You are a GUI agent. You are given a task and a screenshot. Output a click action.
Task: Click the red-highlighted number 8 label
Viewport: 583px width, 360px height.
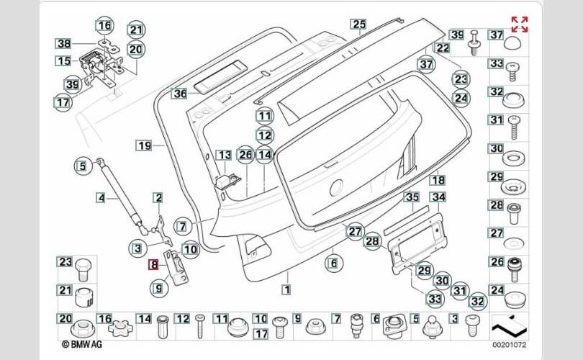coord(153,264)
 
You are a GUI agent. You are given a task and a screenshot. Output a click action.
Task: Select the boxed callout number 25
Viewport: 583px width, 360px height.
coord(358,24)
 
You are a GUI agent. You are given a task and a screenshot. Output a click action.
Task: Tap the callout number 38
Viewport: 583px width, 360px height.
coord(63,43)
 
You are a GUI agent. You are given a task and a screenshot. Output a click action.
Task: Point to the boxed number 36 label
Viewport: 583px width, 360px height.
coord(179,93)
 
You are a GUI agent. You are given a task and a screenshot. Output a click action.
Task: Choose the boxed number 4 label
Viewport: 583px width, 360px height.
coord(101,197)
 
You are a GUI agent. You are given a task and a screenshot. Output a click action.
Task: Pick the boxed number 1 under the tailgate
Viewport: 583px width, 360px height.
coord(286,290)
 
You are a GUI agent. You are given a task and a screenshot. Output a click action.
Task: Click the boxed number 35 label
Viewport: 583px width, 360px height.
coord(412,197)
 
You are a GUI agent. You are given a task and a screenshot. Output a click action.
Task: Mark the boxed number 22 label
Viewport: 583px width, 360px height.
coord(442,48)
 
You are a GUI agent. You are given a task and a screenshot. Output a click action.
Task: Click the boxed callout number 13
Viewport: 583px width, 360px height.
coord(224,155)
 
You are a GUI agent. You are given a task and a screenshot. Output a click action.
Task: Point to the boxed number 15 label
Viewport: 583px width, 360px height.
coord(63,61)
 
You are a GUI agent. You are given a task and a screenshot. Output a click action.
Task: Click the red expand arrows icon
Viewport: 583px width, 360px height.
coord(518,23)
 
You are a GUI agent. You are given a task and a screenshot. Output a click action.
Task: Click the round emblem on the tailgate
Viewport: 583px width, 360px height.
coord(335,189)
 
